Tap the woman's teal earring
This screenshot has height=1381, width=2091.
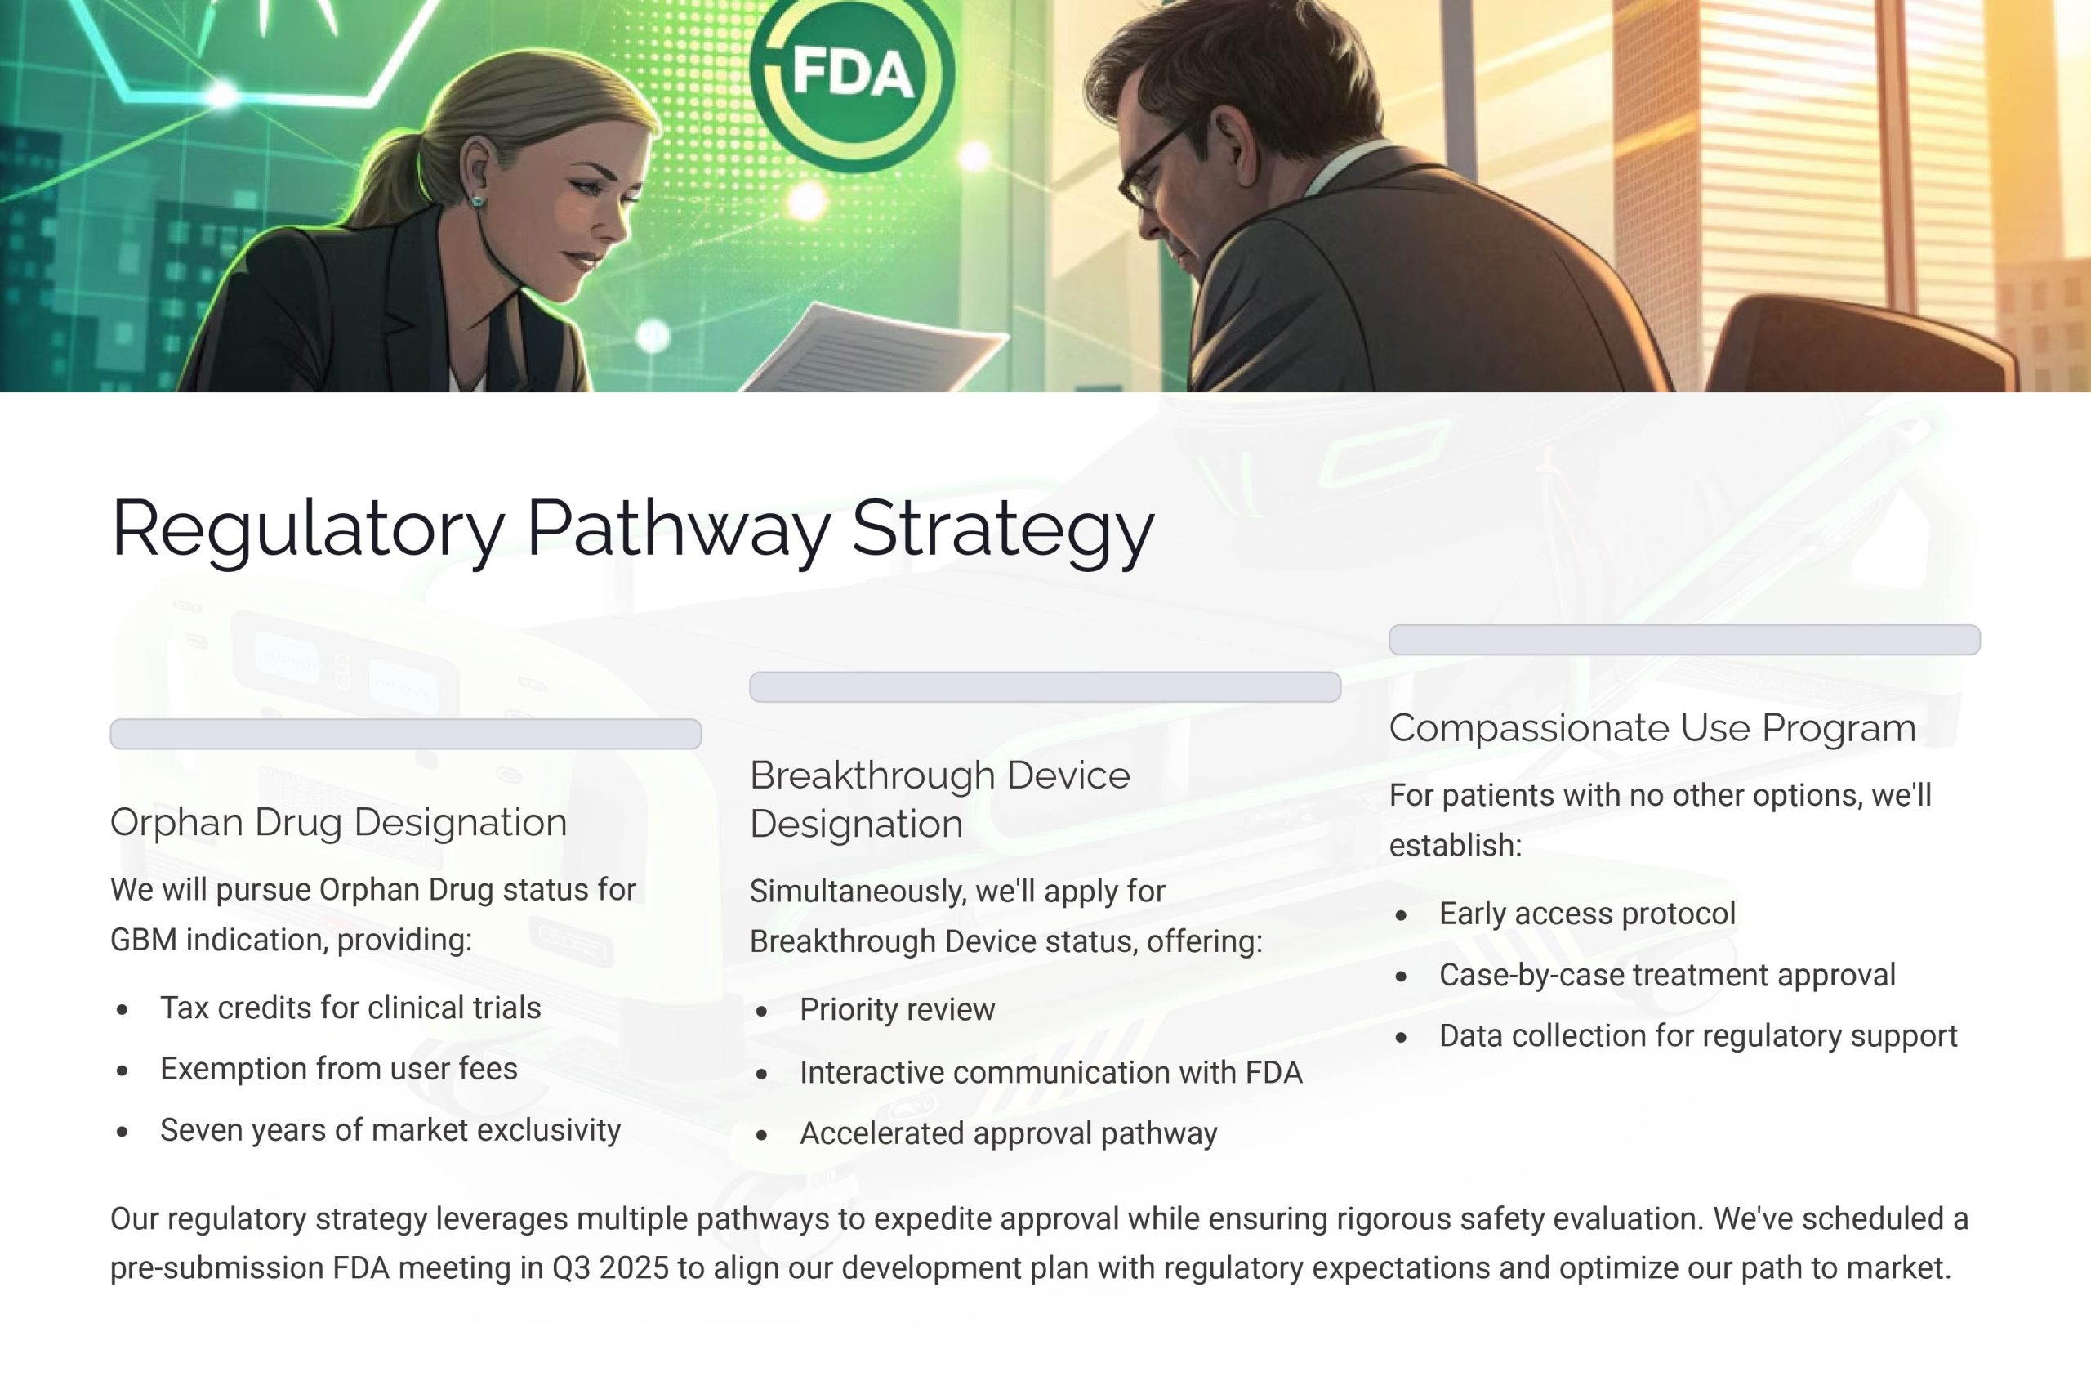[x=476, y=202]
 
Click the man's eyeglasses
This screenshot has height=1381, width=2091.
[x=1153, y=168]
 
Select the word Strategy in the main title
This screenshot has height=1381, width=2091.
[x=1003, y=529]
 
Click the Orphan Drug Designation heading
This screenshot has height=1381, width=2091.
[x=339, y=823]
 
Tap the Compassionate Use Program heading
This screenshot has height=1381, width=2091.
[x=1652, y=728]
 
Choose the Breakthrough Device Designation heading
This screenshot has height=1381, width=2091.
[x=939, y=800]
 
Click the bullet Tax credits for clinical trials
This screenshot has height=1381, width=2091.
[x=350, y=1008]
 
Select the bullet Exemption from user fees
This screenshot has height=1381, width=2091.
[x=339, y=1069]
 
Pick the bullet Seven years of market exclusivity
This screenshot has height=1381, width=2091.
[x=390, y=1130]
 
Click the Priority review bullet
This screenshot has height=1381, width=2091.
[x=897, y=1009]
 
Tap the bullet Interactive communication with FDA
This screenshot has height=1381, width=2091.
[x=1050, y=1073]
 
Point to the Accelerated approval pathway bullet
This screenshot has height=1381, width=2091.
[x=1008, y=1133]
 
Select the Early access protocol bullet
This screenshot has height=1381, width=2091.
[x=1587, y=914]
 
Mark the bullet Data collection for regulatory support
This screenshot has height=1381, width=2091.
[x=1697, y=1036]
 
